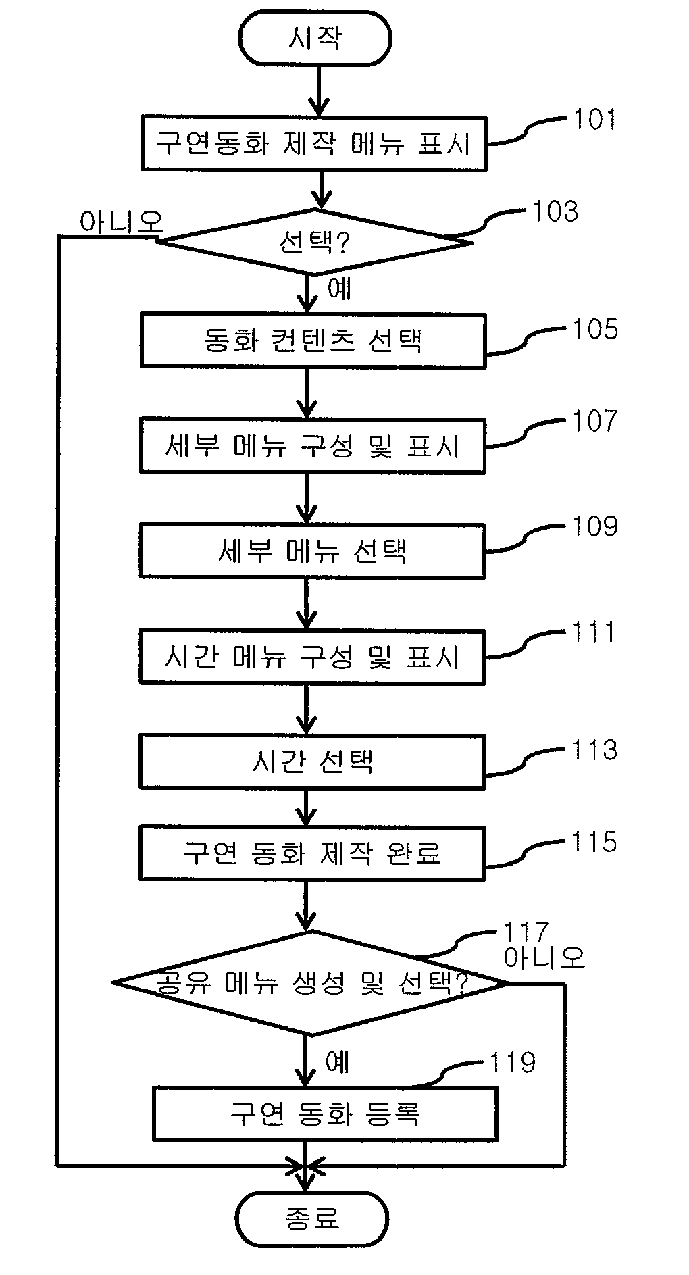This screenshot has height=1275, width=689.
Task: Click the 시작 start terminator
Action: [x=315, y=39]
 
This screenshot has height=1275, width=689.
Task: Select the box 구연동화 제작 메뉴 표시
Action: [x=313, y=143]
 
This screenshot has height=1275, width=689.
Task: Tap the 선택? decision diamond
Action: [x=314, y=242]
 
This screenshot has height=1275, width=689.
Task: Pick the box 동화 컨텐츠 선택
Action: [x=313, y=341]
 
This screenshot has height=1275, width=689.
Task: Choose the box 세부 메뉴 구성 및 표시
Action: [x=312, y=445]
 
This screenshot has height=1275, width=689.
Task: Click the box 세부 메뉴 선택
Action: [x=312, y=551]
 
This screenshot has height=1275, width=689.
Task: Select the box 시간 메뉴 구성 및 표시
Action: [x=312, y=657]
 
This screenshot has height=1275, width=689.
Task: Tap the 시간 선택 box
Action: [x=312, y=761]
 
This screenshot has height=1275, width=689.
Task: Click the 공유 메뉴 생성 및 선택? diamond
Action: [x=310, y=983]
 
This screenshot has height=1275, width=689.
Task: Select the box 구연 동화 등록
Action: [x=325, y=1114]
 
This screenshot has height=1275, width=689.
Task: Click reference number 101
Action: [x=595, y=120]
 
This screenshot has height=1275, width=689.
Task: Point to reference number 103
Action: [x=555, y=211]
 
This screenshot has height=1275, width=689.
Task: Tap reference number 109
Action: [x=595, y=526]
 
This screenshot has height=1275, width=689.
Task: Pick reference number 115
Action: [x=595, y=842]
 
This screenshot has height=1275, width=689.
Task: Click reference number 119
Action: [x=513, y=1063]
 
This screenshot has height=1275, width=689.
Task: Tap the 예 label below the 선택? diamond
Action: [x=339, y=289]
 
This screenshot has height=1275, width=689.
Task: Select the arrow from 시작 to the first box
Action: [x=317, y=91]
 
